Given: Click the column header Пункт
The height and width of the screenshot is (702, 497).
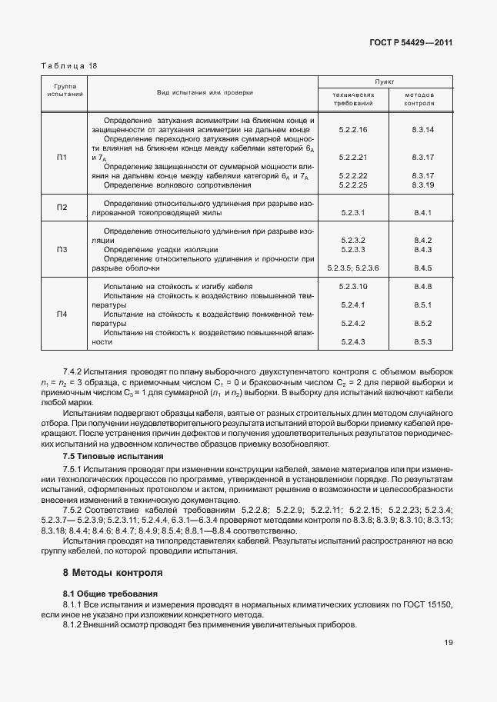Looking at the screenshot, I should (385, 80).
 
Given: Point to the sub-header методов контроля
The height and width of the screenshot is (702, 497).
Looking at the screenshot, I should (423, 98).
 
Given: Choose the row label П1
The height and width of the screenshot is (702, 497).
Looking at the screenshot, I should (62, 157).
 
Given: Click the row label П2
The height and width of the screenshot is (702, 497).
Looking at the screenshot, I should (62, 207).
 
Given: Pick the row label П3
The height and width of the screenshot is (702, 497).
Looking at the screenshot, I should (62, 250).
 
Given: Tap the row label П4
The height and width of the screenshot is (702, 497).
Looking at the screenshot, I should (62, 314).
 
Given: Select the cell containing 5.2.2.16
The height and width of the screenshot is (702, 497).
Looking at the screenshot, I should (353, 129).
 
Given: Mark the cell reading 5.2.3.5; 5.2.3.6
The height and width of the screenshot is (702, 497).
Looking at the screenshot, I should (353, 268).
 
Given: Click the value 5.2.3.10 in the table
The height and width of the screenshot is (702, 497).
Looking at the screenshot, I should (353, 286).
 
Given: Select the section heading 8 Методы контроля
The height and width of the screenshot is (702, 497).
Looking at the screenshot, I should (112, 573).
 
